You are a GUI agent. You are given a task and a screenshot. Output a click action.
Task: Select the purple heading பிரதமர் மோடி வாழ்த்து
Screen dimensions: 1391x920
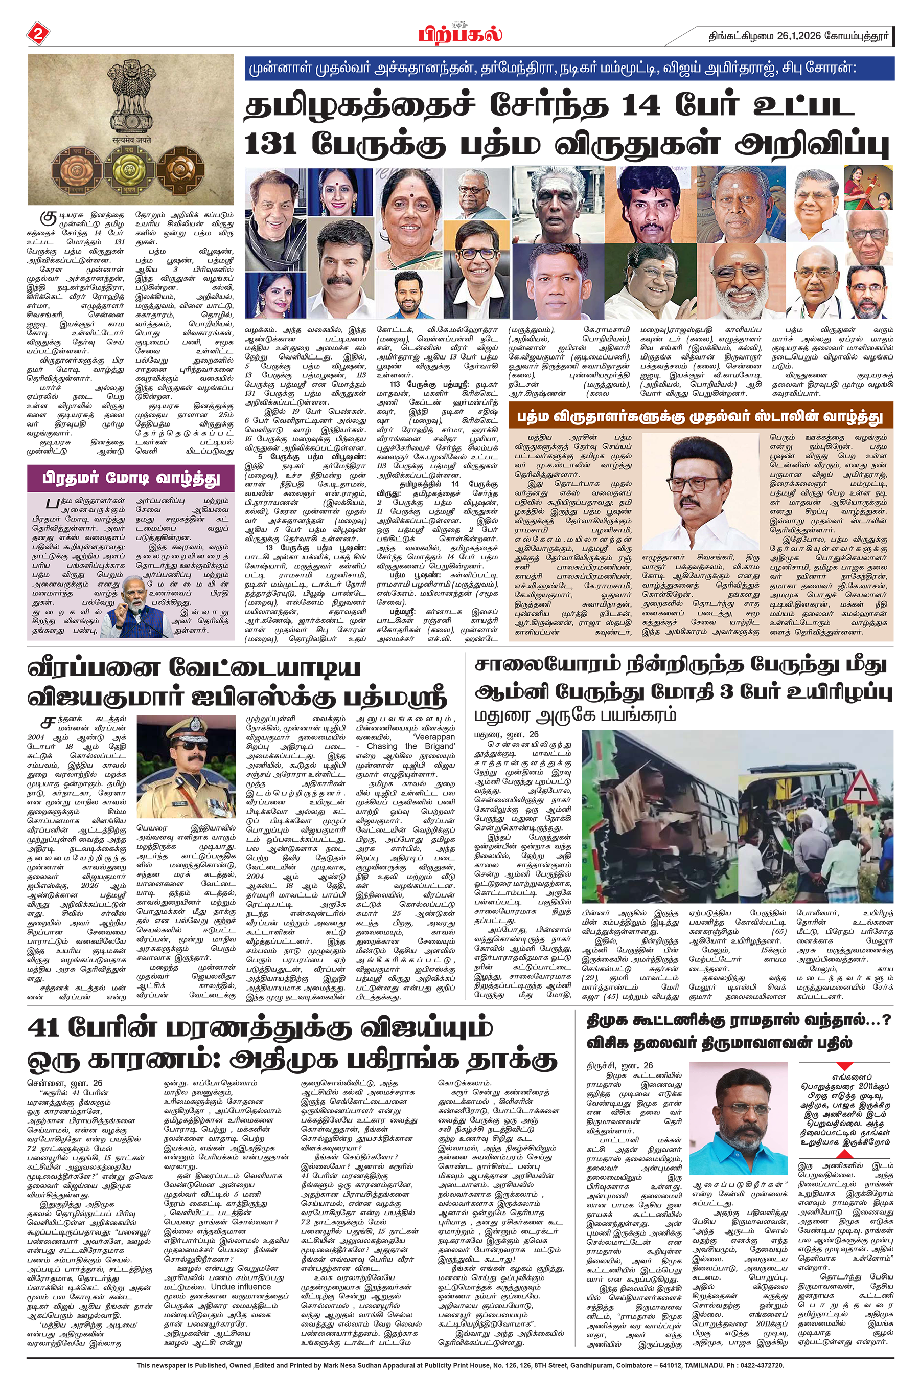point(130,478)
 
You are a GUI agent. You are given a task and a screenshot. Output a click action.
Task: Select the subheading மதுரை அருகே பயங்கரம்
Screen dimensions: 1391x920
point(575,715)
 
